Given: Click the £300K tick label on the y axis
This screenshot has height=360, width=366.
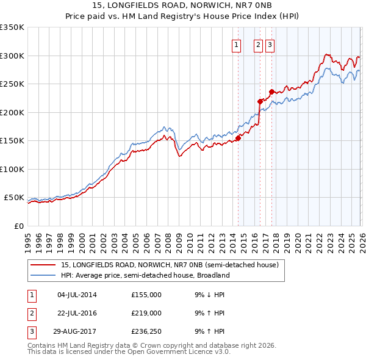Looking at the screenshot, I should click(x=12, y=56).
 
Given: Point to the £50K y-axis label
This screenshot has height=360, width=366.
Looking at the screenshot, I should click(x=13, y=198).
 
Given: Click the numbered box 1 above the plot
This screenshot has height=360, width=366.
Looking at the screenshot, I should click(x=236, y=44).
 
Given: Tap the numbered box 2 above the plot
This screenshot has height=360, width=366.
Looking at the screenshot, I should click(x=258, y=44).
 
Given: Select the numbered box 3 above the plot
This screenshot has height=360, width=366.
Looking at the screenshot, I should click(x=270, y=44).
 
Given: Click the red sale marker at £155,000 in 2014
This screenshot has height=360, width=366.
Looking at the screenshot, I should click(x=238, y=138).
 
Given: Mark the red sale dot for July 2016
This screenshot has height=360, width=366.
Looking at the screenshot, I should click(x=260, y=101).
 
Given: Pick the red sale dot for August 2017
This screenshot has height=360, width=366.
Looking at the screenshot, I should click(x=271, y=92).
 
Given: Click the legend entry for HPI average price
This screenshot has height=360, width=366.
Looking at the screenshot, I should click(x=145, y=275).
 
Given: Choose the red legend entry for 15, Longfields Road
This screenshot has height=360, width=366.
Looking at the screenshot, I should click(x=170, y=265).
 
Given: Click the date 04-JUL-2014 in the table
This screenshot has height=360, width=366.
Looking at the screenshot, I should click(x=77, y=295).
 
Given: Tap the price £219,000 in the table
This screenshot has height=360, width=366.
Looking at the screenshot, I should click(x=146, y=313).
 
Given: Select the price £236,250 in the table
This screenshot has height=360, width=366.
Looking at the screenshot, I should click(x=146, y=331).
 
